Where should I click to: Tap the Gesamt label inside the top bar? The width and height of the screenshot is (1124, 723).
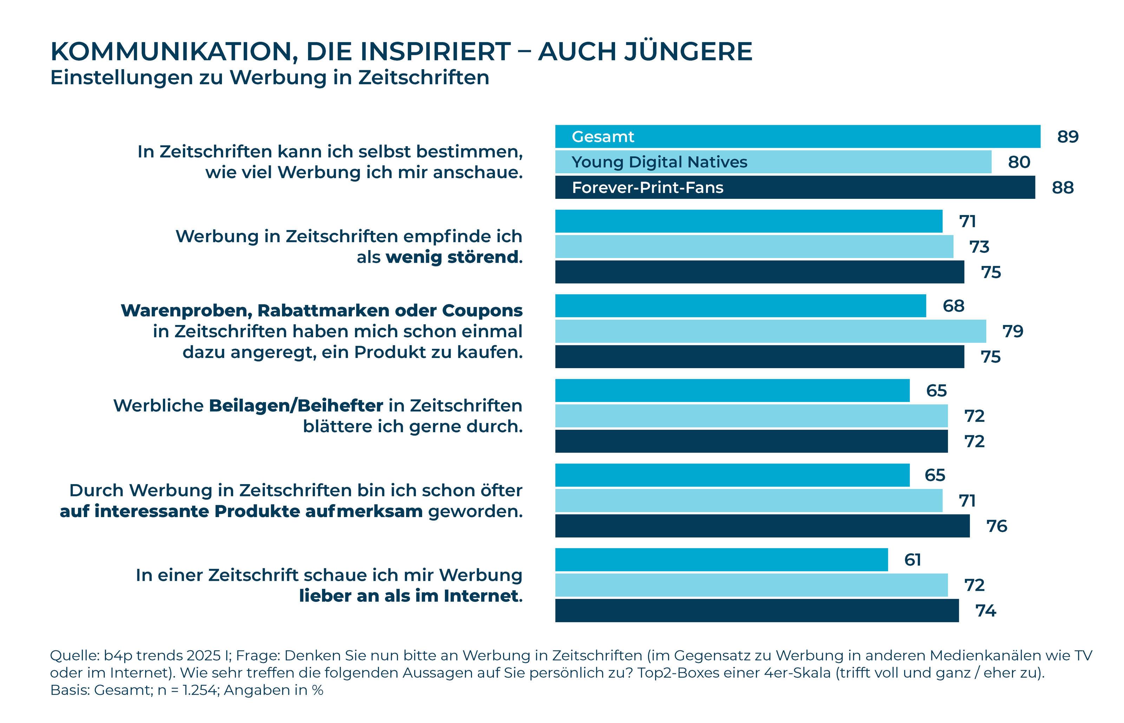click(x=603, y=137)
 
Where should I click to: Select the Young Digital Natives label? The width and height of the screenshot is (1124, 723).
click(x=659, y=162)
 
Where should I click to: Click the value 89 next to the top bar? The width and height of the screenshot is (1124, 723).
click(x=1068, y=137)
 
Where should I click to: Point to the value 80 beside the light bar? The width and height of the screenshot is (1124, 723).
click(x=1019, y=162)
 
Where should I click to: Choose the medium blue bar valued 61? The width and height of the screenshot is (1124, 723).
click(x=721, y=560)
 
